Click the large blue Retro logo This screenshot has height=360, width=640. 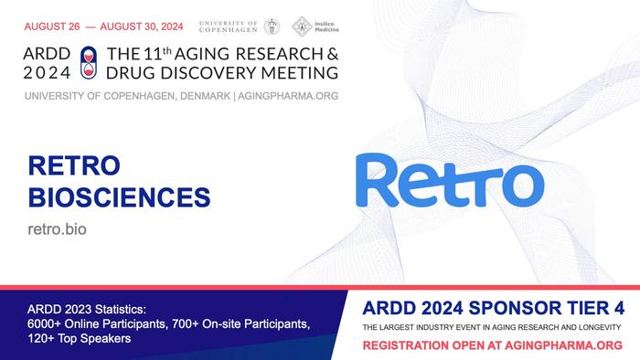tap(444, 180)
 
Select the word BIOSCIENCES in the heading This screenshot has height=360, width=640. tap(120, 196)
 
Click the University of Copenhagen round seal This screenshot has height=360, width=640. tap(272, 27)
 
